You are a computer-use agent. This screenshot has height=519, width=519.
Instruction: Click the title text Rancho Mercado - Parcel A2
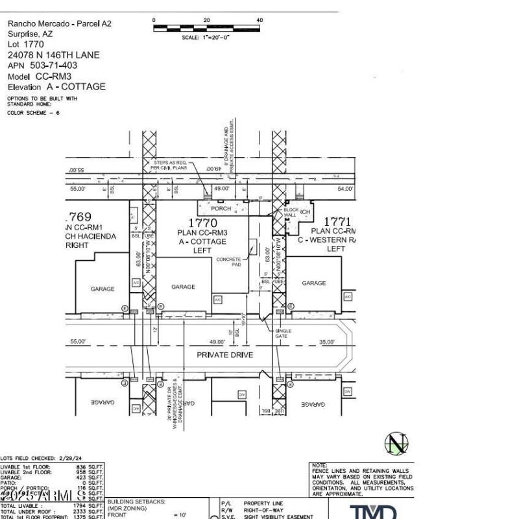(x=59, y=23)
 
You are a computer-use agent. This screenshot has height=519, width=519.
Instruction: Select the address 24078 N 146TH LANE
(x=53, y=55)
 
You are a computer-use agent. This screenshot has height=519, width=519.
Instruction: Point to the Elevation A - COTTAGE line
(x=56, y=87)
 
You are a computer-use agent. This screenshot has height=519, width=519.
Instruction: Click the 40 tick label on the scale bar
(x=259, y=20)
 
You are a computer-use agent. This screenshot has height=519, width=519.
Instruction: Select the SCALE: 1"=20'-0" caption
(x=206, y=38)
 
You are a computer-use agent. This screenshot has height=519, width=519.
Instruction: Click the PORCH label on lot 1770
(x=221, y=209)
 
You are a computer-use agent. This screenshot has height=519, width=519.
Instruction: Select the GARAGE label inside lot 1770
(x=183, y=286)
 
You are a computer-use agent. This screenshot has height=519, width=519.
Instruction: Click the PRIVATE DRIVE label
(x=225, y=355)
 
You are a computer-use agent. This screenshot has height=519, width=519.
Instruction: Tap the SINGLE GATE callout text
(x=284, y=333)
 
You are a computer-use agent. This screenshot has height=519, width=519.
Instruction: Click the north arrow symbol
(x=396, y=444)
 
